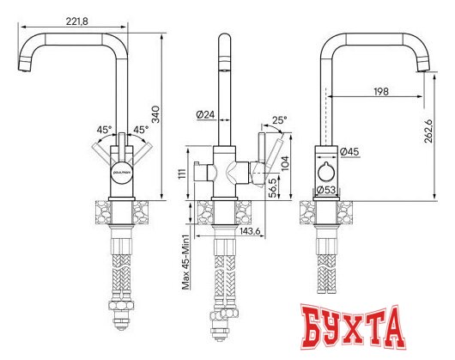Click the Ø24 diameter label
(205, 113)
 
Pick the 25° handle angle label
(280, 121)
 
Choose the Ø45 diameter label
(349, 152)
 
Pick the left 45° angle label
(103, 131)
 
